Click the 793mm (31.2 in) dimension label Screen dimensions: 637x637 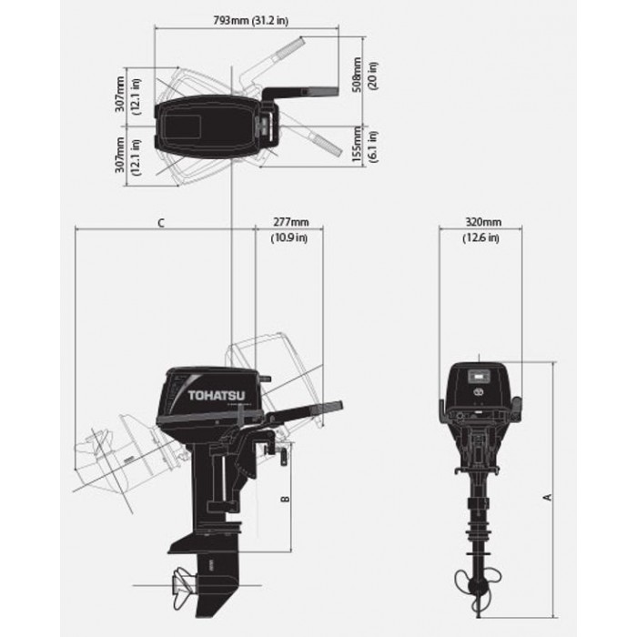click(x=251, y=20)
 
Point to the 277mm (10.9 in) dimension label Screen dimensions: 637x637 click(x=289, y=230)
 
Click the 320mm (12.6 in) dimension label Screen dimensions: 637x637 click(x=481, y=230)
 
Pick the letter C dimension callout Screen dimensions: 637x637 click(x=161, y=223)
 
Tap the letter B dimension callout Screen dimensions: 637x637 click(x=286, y=498)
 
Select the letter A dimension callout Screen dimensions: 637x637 click(x=548, y=497)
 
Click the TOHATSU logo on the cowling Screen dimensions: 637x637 click(x=217, y=395)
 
